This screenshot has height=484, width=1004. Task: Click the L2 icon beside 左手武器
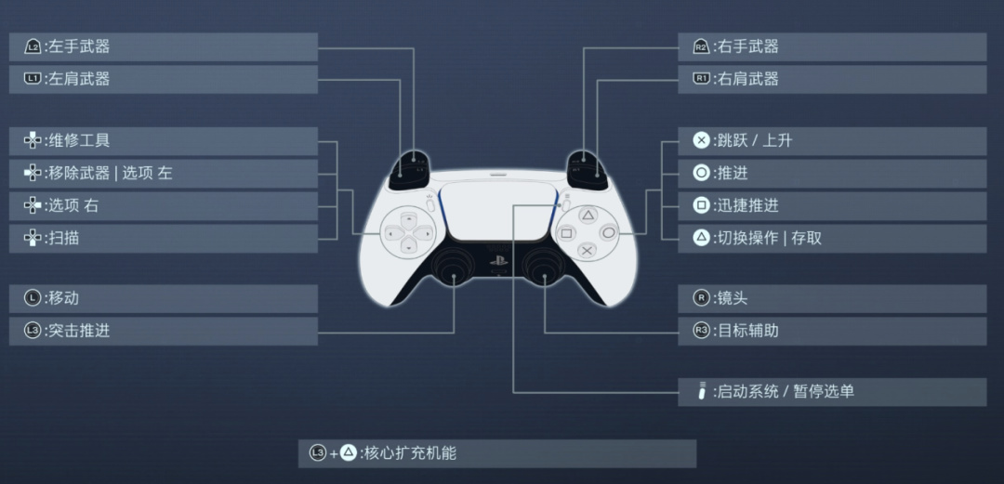pyautogui.click(x=33, y=46)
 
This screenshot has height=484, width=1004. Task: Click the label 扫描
pyautogui.click(x=64, y=238)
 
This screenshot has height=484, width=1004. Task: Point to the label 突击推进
pyautogui.click(x=80, y=330)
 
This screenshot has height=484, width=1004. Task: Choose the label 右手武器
pyautogui.click(x=747, y=46)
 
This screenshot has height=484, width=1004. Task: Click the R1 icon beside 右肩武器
pyautogui.click(x=701, y=79)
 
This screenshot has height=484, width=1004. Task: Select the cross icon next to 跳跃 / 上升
pyautogui.click(x=701, y=140)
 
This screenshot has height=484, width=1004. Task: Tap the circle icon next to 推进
pyautogui.click(x=701, y=173)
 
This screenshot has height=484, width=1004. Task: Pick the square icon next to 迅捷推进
pyautogui.click(x=701, y=205)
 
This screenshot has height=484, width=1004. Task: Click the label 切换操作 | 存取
pyautogui.click(x=769, y=238)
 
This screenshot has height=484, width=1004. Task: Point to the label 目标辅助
pyautogui.click(x=747, y=330)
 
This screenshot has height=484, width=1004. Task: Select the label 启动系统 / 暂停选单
pyautogui.click(x=785, y=391)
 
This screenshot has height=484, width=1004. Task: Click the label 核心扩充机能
pyautogui.click(x=410, y=453)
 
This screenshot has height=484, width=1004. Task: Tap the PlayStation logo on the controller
pyautogui.click(x=498, y=261)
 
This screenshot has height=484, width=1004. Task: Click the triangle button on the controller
pyautogui.click(x=588, y=215)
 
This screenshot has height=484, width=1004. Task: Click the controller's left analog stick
pyautogui.click(x=454, y=268)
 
